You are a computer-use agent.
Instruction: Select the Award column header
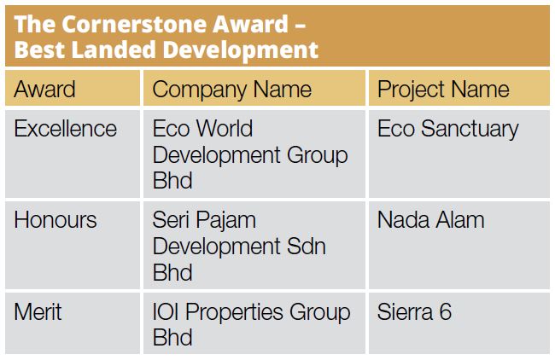coord(44,90)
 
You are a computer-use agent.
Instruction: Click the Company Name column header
coord(231,90)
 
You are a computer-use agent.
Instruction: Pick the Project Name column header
coord(443,90)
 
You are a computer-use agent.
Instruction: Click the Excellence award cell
coord(66,129)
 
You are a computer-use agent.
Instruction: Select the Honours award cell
coord(55,220)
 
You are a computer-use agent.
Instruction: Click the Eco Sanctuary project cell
coord(447,129)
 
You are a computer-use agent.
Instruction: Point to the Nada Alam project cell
coord(430,220)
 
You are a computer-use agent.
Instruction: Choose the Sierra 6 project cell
coord(414,311)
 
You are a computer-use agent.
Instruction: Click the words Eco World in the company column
coord(202,129)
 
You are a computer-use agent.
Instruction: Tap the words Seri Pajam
coord(204,220)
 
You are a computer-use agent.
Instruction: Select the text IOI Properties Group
coord(251,311)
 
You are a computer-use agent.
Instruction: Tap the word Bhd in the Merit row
coord(172,338)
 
